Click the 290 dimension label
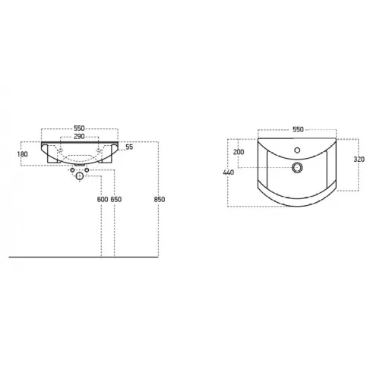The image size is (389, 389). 79,137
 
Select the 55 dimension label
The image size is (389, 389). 129,147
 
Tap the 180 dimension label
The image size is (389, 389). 23,154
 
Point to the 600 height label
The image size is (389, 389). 103,199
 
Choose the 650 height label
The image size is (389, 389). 116,199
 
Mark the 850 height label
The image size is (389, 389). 160,199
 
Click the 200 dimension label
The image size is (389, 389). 239,152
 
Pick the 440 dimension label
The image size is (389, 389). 229,172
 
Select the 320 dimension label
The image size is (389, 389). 359,160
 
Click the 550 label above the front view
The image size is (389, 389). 79,128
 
